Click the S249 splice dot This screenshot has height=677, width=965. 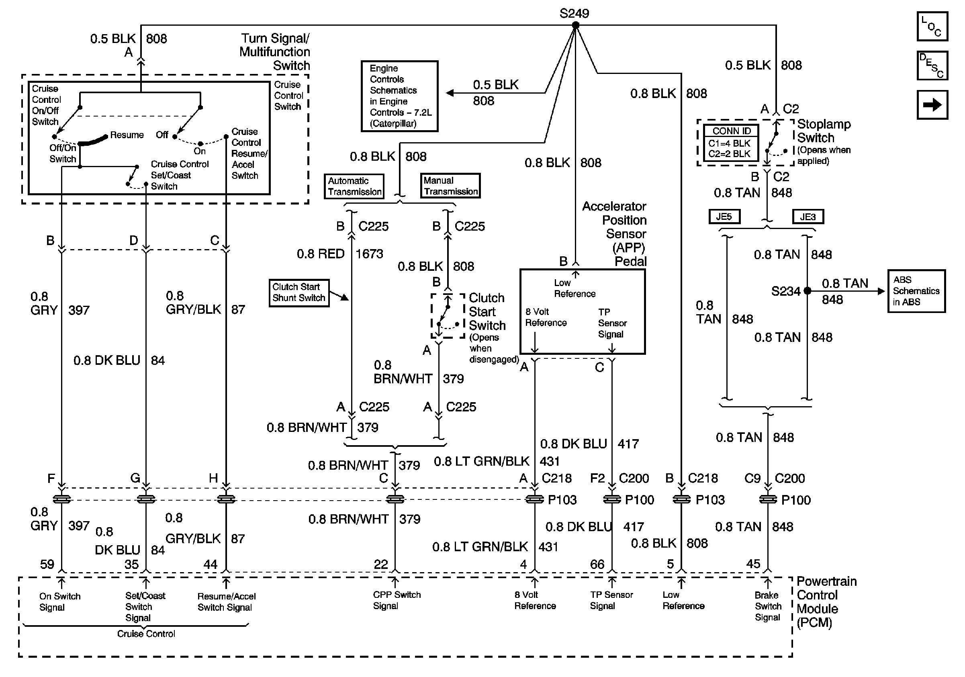click(x=575, y=25)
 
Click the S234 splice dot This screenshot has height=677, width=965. click(x=807, y=290)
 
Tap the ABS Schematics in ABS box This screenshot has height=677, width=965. click(x=917, y=291)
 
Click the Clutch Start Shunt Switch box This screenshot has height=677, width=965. click(x=299, y=293)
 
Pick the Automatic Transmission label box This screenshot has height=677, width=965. click(x=354, y=186)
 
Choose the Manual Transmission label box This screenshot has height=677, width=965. click(x=450, y=186)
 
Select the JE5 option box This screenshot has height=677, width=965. click(x=724, y=217)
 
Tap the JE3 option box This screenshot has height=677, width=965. click(x=808, y=217)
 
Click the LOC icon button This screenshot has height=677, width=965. click(x=932, y=27)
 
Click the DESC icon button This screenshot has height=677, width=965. click(x=932, y=65)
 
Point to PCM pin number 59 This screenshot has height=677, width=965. click(x=47, y=564)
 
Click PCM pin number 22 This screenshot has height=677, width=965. click(x=381, y=564)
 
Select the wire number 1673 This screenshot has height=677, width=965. click(x=370, y=254)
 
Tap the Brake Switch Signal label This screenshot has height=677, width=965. click(x=768, y=606)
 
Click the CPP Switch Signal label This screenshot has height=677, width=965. click(x=397, y=600)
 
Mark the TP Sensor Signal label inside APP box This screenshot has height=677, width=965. click(x=612, y=323)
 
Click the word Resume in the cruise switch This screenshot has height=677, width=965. click(x=127, y=135)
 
